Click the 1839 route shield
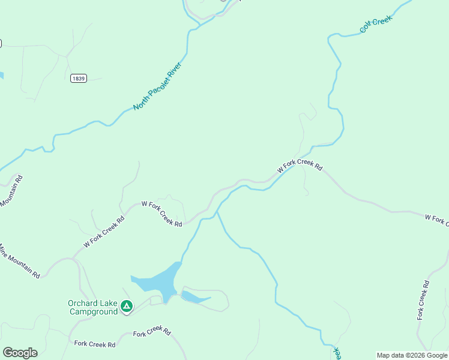point(78,79)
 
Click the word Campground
point(94,311)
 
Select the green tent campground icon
point(127,307)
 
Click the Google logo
point(20,353)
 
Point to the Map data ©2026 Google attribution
point(412,355)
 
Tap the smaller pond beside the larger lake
point(194,297)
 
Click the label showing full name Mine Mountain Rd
point(20,262)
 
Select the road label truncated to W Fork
point(436,219)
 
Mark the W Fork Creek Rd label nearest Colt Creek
point(300,166)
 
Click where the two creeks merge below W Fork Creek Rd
point(217,212)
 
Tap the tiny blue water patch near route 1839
point(1,76)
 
